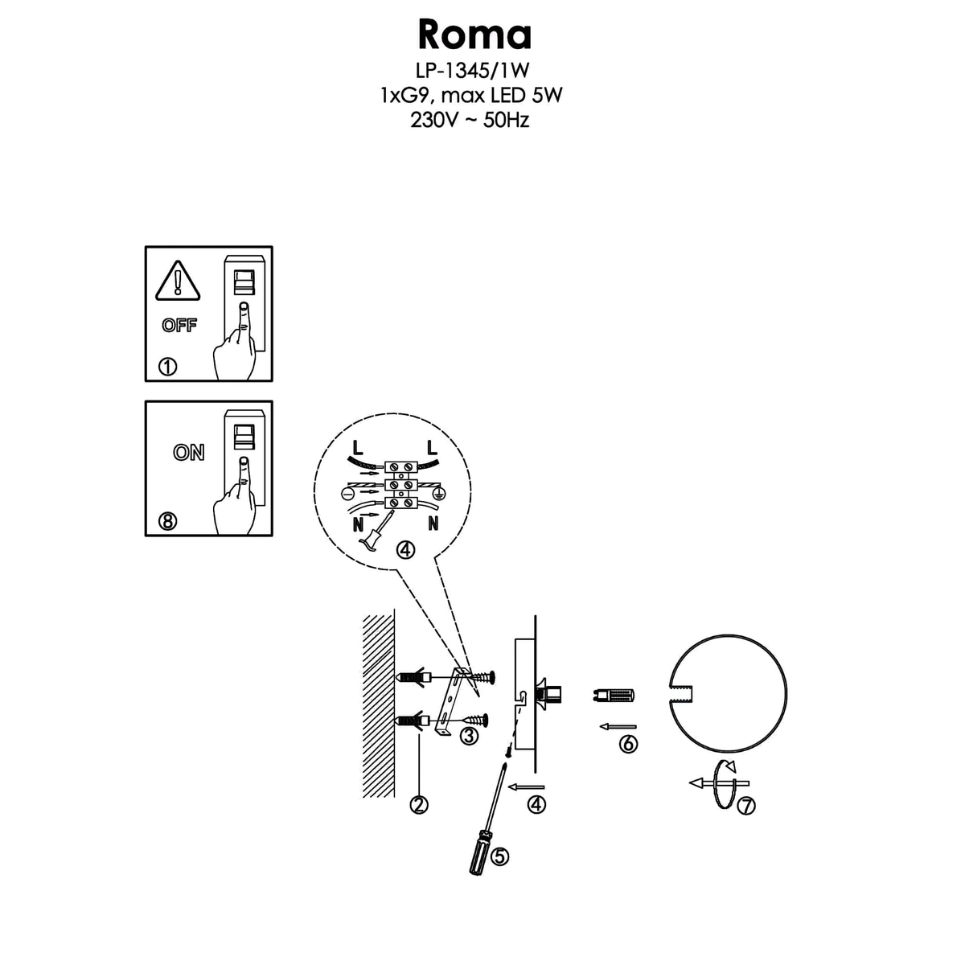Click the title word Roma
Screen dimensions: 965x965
coord(474,35)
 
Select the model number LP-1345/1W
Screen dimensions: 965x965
coord(471,72)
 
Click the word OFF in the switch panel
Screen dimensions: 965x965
coord(179,326)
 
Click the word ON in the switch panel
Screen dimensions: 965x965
coord(189,453)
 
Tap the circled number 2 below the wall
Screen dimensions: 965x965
coord(418,803)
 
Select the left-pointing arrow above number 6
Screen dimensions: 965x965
coord(617,726)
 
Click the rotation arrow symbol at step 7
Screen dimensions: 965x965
coord(721,782)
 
